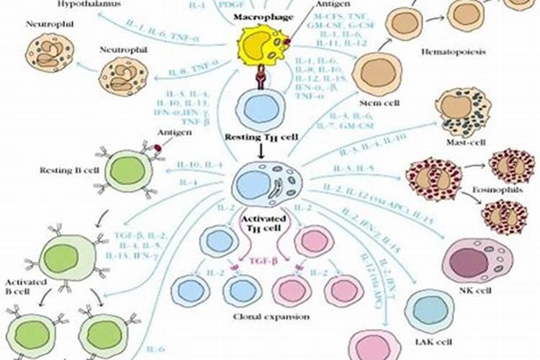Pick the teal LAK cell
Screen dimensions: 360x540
pos(429,310)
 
